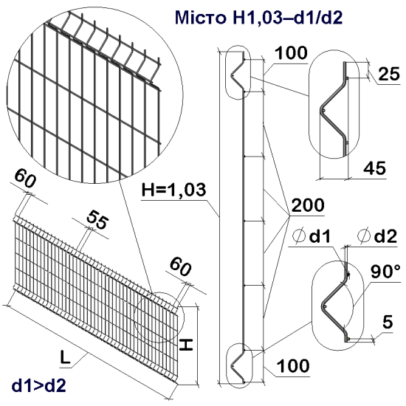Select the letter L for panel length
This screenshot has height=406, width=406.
tap(66, 357)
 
